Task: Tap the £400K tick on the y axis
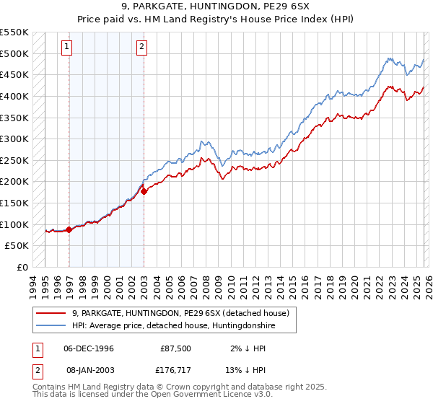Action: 14,96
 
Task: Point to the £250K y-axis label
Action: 14,160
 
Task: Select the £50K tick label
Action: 17,246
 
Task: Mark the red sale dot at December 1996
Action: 69,229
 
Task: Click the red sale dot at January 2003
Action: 144,191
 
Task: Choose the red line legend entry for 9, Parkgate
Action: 180,313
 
